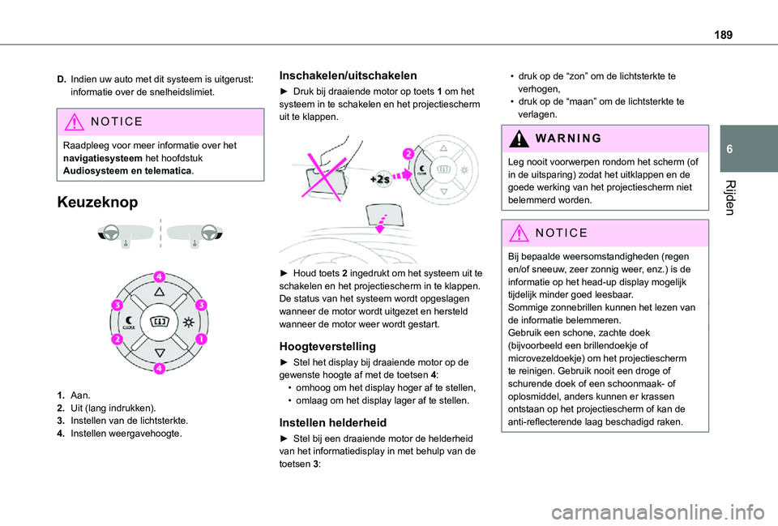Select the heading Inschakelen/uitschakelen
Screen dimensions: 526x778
point(348,75)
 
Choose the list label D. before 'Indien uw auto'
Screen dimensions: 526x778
point(62,79)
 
